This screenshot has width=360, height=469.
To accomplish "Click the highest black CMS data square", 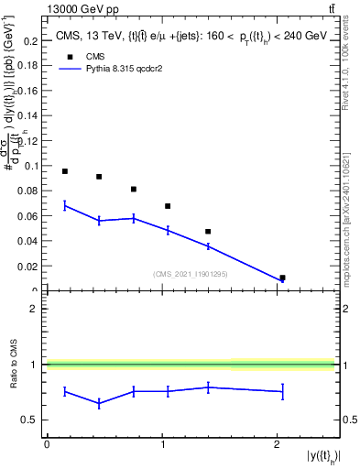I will [x=65, y=171].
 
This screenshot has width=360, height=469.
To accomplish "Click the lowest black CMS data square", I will [x=282, y=278].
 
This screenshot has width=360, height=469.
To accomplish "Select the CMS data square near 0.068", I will [x=168, y=206].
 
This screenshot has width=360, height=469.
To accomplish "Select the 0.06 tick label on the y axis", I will [x=28, y=216].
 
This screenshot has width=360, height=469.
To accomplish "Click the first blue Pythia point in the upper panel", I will [x=65, y=205].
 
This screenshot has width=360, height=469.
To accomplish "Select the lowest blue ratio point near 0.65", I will [x=99, y=403].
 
